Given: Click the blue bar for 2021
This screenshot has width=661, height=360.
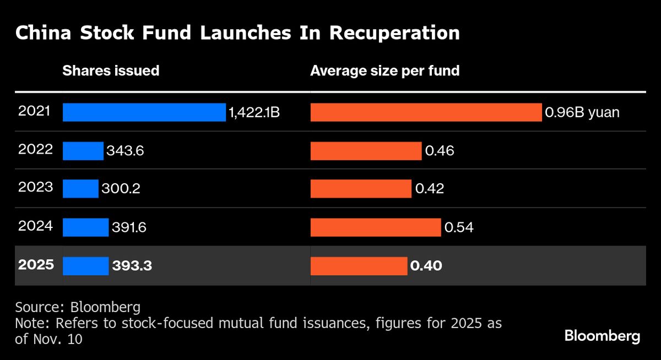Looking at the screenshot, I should point(144,112).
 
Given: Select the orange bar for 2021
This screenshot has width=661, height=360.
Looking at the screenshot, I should point(426,112).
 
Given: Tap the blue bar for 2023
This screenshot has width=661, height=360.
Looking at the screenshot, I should point(80,189).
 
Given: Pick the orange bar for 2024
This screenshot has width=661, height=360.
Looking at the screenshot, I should point(376,227).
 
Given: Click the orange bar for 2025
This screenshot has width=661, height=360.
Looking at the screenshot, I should point(359,266).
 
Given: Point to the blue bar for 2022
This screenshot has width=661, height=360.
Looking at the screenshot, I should point(83,150).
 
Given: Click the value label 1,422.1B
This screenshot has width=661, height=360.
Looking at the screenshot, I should point(254,113).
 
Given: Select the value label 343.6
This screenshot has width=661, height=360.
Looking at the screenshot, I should point(125,151).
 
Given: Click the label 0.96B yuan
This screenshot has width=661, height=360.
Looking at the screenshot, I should point(582,113).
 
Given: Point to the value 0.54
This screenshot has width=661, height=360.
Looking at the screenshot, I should point(459,227).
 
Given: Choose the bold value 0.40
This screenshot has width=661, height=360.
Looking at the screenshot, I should point(426,266).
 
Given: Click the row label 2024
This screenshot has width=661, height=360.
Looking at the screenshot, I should point(35,226).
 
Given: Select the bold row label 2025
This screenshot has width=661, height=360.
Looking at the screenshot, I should point(36,264).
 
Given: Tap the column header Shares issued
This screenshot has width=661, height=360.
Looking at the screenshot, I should point(111,70).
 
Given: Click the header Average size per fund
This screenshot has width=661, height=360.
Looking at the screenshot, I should point(384,70).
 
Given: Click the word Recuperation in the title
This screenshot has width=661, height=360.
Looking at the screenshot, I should point(394,33).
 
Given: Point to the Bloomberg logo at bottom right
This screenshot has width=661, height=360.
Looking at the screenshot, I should point(603,336).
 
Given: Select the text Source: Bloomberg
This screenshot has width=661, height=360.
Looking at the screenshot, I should point(78,307).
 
